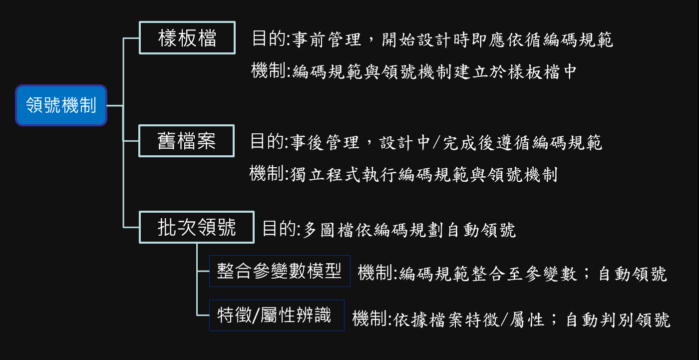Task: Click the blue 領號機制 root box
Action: [61, 105]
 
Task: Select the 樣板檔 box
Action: [187, 38]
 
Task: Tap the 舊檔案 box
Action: [186, 141]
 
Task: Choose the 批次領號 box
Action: [196, 228]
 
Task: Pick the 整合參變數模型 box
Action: [279, 271]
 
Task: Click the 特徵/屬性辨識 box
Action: [276, 315]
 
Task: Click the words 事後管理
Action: [324, 143]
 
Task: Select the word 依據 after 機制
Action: [409, 320]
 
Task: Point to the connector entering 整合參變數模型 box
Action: [203, 271]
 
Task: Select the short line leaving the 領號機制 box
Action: [115, 105]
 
